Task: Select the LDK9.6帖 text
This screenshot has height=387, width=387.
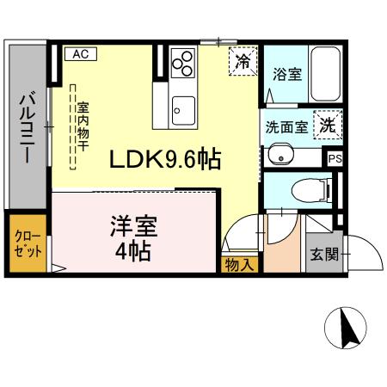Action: pos(164,159)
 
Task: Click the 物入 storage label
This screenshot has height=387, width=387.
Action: pos(239,265)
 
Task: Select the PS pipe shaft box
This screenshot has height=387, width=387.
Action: pos(335,158)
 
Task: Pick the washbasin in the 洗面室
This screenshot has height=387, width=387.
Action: pos(280,155)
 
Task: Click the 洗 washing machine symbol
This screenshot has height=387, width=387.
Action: pos(328,125)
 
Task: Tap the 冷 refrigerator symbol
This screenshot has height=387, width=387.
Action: pos(243,62)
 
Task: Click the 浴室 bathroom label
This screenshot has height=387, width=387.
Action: pos(286,74)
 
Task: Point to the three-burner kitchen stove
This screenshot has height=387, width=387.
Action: pos(184,64)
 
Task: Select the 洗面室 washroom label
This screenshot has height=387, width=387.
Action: pos(286,126)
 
